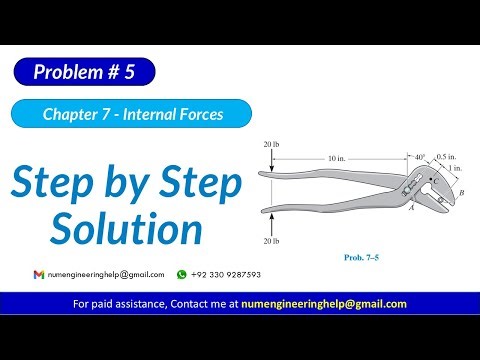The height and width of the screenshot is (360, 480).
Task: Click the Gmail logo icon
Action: click(x=39, y=273)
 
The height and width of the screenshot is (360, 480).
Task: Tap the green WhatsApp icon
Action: click(x=182, y=273)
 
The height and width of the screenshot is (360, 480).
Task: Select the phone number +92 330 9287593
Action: click(x=226, y=273)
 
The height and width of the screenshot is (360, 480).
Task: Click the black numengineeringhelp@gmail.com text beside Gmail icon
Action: click(x=106, y=273)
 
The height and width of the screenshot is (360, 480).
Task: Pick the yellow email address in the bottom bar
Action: click(x=326, y=304)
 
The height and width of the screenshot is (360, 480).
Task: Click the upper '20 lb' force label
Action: click(x=271, y=146)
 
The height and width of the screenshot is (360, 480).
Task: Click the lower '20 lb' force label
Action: click(x=271, y=242)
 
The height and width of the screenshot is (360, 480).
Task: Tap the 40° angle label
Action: click(x=418, y=157)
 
